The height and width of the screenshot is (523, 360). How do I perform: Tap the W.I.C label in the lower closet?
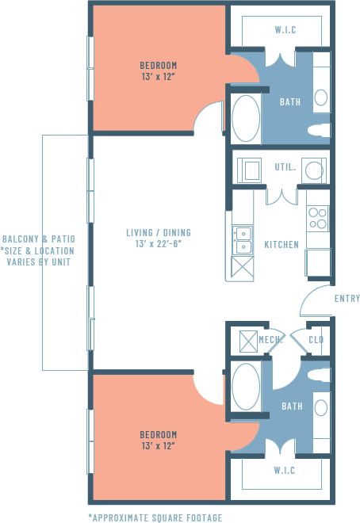pos(285,471)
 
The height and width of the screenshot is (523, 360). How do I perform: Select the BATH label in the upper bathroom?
pos(291,102)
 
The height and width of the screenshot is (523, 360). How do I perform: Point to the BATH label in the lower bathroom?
pos(291,407)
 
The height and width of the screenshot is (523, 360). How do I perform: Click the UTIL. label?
pos(285,167)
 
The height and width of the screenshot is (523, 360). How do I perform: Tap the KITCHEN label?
pos(281,245)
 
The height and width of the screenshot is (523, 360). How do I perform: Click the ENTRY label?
pos(347,299)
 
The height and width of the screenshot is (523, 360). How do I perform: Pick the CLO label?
pos(316,340)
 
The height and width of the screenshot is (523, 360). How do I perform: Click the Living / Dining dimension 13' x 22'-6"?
pos(159,244)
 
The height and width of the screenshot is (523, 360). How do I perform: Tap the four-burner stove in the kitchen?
pos(318,217)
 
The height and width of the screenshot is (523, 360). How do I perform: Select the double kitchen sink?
pos(242,238)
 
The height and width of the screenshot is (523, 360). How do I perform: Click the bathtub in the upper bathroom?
pos(246,119)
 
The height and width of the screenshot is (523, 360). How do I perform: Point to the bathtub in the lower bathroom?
pos(246,386)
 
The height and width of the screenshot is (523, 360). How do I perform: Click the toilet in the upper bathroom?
pos(319,128)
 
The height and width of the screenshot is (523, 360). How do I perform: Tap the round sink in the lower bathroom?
pos(320,407)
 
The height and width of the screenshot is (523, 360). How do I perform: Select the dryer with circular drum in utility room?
pos(315,170)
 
